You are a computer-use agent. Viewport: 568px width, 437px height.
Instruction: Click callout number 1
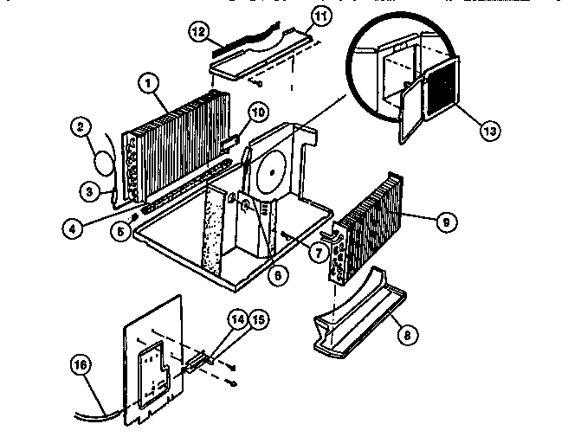point(150,84)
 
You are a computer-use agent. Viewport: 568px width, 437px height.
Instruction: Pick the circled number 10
point(257,111)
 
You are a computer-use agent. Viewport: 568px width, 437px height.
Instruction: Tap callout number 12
point(198,33)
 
